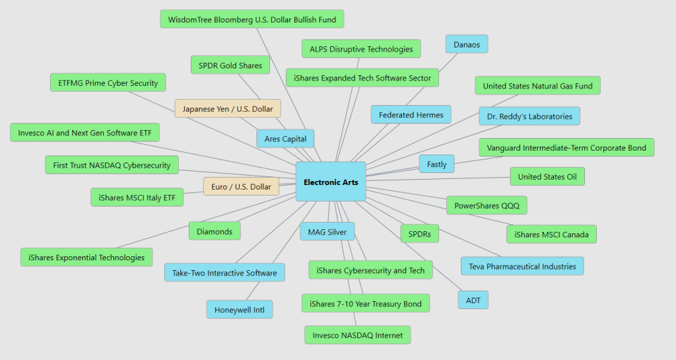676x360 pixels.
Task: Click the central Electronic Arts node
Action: pyautogui.click(x=331, y=182)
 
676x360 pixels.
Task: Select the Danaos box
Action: pyautogui.click(x=467, y=44)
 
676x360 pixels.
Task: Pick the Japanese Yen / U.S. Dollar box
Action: pyautogui.click(x=228, y=108)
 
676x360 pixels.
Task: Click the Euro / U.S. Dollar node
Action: pyautogui.click(x=241, y=187)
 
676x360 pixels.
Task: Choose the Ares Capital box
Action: pyautogui.click(x=285, y=139)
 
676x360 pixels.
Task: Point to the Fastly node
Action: pyautogui.click(x=436, y=164)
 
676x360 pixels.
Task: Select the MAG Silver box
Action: pyautogui.click(x=327, y=232)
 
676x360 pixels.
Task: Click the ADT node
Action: pyautogui.click(x=473, y=300)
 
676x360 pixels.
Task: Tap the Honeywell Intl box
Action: pyautogui.click(x=239, y=310)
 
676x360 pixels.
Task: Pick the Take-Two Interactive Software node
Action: pyautogui.click(x=224, y=273)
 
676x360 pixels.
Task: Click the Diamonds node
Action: pyautogui.click(x=215, y=231)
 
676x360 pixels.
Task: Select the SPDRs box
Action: pyautogui.click(x=419, y=234)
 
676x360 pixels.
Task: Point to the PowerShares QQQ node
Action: pyautogui.click(x=487, y=205)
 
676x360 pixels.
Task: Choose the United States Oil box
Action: pyautogui.click(x=547, y=176)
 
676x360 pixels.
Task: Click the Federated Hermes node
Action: pyautogui.click(x=411, y=114)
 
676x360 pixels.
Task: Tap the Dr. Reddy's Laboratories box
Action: pyautogui.click(x=529, y=116)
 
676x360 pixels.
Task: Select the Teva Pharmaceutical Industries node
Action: pyautogui.click(x=522, y=266)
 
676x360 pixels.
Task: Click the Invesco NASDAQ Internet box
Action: pyautogui.click(x=357, y=335)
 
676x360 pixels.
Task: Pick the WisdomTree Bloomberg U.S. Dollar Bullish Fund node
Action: pyautogui.click(x=252, y=19)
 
